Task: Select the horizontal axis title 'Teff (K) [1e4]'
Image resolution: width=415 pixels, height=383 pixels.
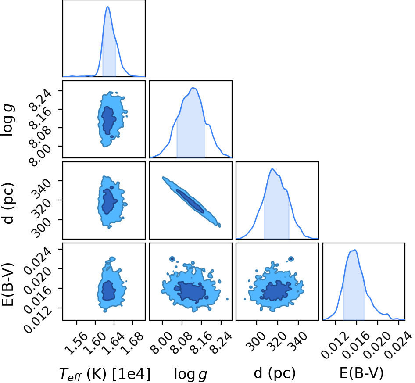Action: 104,374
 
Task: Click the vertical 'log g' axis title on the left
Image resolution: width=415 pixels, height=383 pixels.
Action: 7,121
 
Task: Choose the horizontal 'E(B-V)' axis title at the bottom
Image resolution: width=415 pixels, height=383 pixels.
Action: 361,373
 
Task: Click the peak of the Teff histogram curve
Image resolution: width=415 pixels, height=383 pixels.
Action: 108,7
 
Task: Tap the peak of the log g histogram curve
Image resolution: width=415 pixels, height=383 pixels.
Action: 193,88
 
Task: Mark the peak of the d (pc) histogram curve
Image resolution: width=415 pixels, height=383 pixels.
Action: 272,169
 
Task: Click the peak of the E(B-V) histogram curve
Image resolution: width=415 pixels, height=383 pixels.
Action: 354,250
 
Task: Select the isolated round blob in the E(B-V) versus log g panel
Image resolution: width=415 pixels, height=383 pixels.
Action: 172,259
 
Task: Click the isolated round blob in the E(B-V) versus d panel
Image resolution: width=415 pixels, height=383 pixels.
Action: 291,259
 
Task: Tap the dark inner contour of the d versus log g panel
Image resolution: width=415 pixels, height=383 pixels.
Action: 190,201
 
